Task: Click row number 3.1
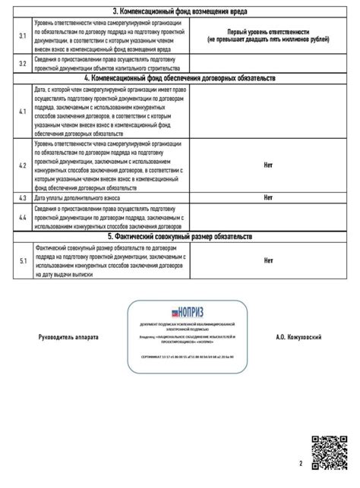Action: [23, 36]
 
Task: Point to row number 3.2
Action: [23, 63]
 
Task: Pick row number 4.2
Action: [23, 164]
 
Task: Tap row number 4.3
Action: [23, 197]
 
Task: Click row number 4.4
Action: [23, 217]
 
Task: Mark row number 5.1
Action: [23, 261]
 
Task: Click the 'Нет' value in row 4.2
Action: [268, 164]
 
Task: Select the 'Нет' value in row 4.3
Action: [268, 197]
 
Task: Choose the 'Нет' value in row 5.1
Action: [268, 261]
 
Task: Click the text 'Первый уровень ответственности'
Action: [268, 32]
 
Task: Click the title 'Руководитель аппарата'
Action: [68, 335]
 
